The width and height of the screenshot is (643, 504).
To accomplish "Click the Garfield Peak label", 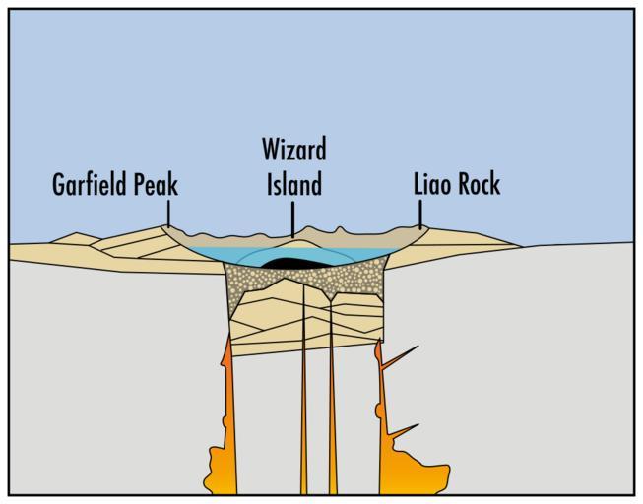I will click(115, 184).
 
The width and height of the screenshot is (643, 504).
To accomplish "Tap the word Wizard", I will click(293, 150).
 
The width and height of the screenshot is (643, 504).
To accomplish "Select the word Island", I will click(293, 184).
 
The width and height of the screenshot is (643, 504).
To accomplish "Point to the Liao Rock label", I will click(457, 184).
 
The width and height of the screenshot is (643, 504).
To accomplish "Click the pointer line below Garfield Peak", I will click(168, 215).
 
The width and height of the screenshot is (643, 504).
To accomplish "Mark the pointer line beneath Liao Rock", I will click(420, 214).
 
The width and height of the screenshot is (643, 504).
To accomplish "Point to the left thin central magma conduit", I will click(303, 413).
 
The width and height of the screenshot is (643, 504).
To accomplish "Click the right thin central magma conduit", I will click(332, 413).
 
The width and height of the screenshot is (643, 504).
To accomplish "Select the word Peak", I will click(159, 184).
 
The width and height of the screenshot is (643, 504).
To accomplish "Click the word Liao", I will click(434, 184).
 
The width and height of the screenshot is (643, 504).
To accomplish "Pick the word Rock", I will click(481, 184).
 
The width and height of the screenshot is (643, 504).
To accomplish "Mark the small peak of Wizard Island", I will click(292, 236).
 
